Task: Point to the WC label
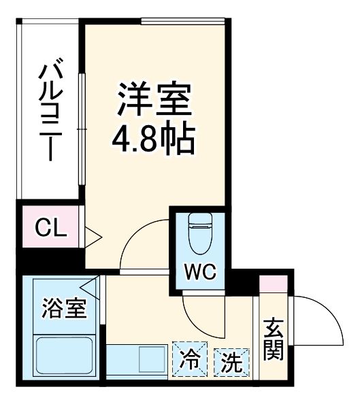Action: [x=201, y=273]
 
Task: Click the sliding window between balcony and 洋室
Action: [x=81, y=129]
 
